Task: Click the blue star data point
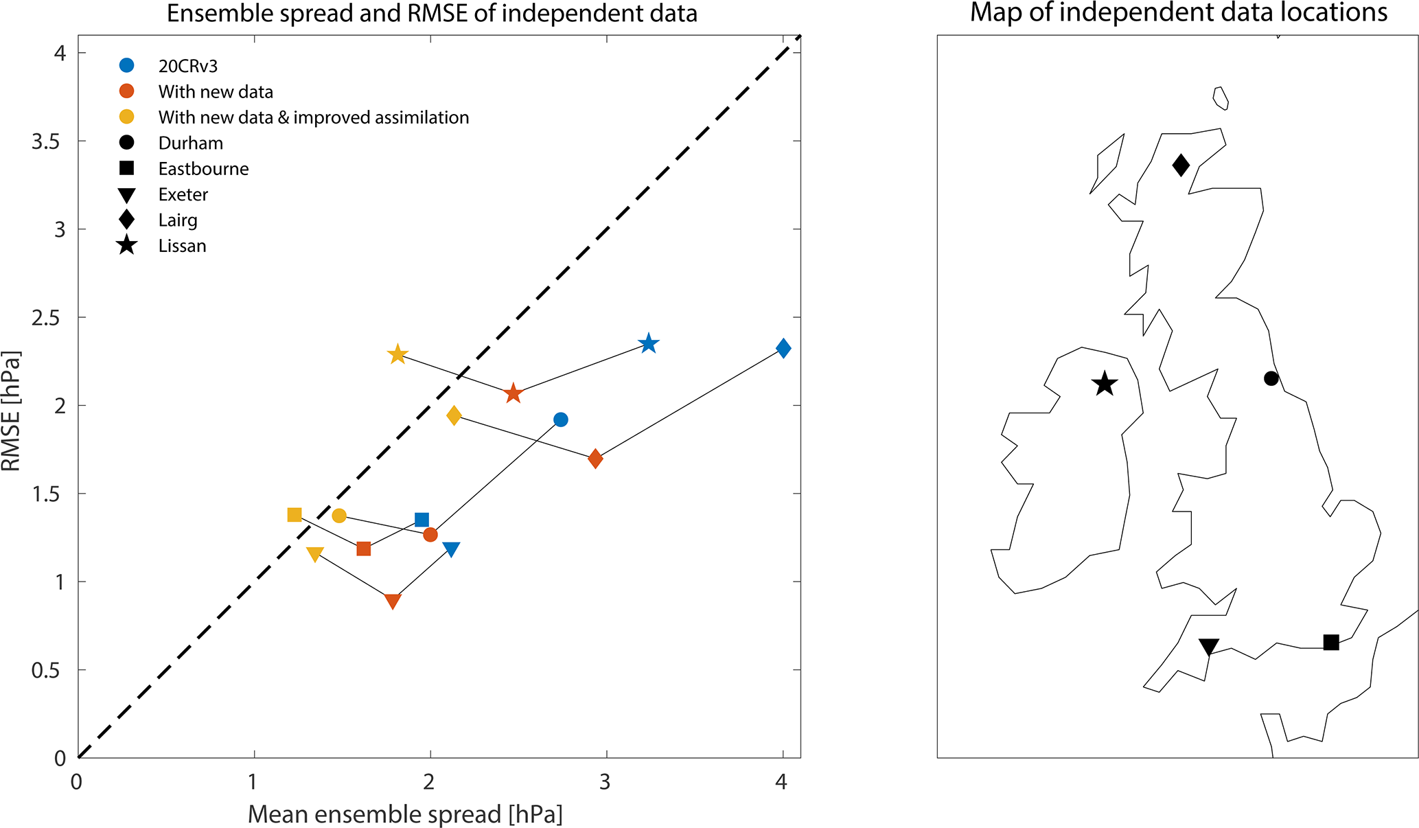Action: pyautogui.click(x=649, y=344)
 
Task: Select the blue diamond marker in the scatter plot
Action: pyautogui.click(x=783, y=348)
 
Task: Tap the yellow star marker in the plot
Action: pyautogui.click(x=397, y=354)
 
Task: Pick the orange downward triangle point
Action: pyautogui.click(x=393, y=601)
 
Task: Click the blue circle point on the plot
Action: pyautogui.click(x=561, y=419)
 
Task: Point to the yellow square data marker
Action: pyautogui.click(x=295, y=515)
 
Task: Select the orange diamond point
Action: pyautogui.click(x=595, y=459)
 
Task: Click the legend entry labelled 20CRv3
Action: pyautogui.click(x=187, y=66)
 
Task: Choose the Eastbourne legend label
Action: pyautogui.click(x=203, y=169)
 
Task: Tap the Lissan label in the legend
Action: pyautogui.click(x=182, y=246)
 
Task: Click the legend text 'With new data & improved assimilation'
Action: pyautogui.click(x=314, y=117)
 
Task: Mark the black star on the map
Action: pyautogui.click(x=1105, y=384)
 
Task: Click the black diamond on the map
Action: pyautogui.click(x=1181, y=165)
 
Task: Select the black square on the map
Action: pyautogui.click(x=1331, y=643)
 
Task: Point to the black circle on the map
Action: pyautogui.click(x=1271, y=378)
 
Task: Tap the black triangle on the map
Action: pyautogui.click(x=1209, y=647)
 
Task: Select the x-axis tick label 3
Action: pyautogui.click(x=605, y=782)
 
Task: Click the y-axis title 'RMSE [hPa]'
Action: pyautogui.click(x=11, y=411)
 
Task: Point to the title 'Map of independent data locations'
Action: pyautogui.click(x=1178, y=13)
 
